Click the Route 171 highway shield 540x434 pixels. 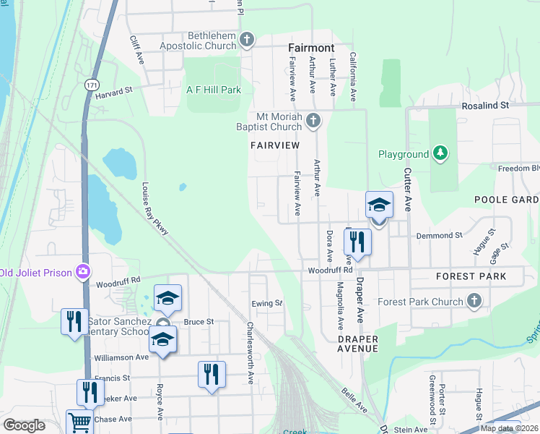(91, 85)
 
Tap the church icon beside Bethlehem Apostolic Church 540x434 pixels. (247, 40)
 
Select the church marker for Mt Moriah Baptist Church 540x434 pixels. (313, 120)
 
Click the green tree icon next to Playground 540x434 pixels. (440, 153)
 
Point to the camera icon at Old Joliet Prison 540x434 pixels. (84, 272)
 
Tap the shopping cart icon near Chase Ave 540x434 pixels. (79, 422)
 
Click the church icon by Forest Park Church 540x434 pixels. (474, 300)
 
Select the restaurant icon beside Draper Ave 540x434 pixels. (357, 242)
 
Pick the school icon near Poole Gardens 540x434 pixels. (379, 205)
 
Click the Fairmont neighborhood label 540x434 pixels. (311, 48)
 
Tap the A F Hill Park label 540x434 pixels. (214, 90)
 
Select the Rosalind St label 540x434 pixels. (486, 105)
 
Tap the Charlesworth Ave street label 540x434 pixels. (250, 353)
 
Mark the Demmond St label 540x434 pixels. (438, 236)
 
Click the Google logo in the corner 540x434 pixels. (23, 425)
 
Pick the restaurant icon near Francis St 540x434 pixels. (212, 374)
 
